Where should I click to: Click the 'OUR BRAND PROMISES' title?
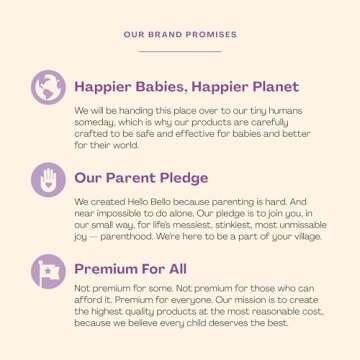tap(180, 34)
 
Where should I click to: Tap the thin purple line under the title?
tap(180, 50)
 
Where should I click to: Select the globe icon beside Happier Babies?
tap(47, 87)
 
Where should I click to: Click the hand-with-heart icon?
tap(47, 179)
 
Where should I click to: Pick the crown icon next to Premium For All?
tap(47, 271)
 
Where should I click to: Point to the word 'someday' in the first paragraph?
tap(92, 122)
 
